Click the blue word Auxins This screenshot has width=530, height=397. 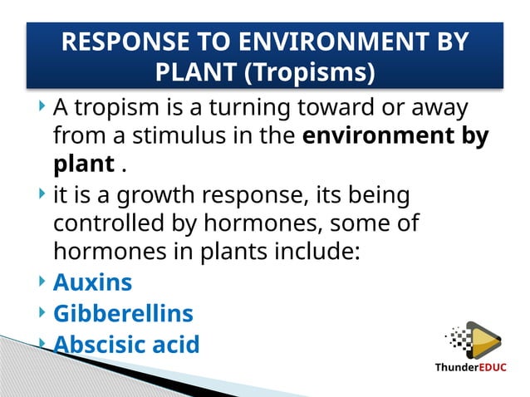click(92, 282)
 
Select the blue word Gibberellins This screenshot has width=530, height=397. click(123, 314)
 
